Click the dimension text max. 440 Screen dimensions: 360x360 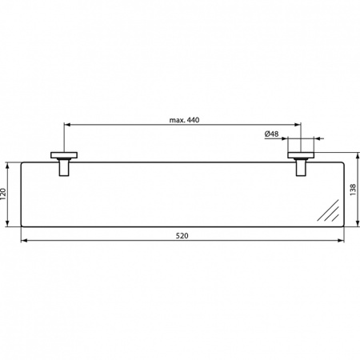pos(183,120)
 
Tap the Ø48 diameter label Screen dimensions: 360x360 pos(272,134)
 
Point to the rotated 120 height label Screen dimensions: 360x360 pos(6,195)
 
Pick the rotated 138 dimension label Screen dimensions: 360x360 pos(353,190)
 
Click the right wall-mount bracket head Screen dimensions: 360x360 pos(302,154)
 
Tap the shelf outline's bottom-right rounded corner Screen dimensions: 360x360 pos(343,226)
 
